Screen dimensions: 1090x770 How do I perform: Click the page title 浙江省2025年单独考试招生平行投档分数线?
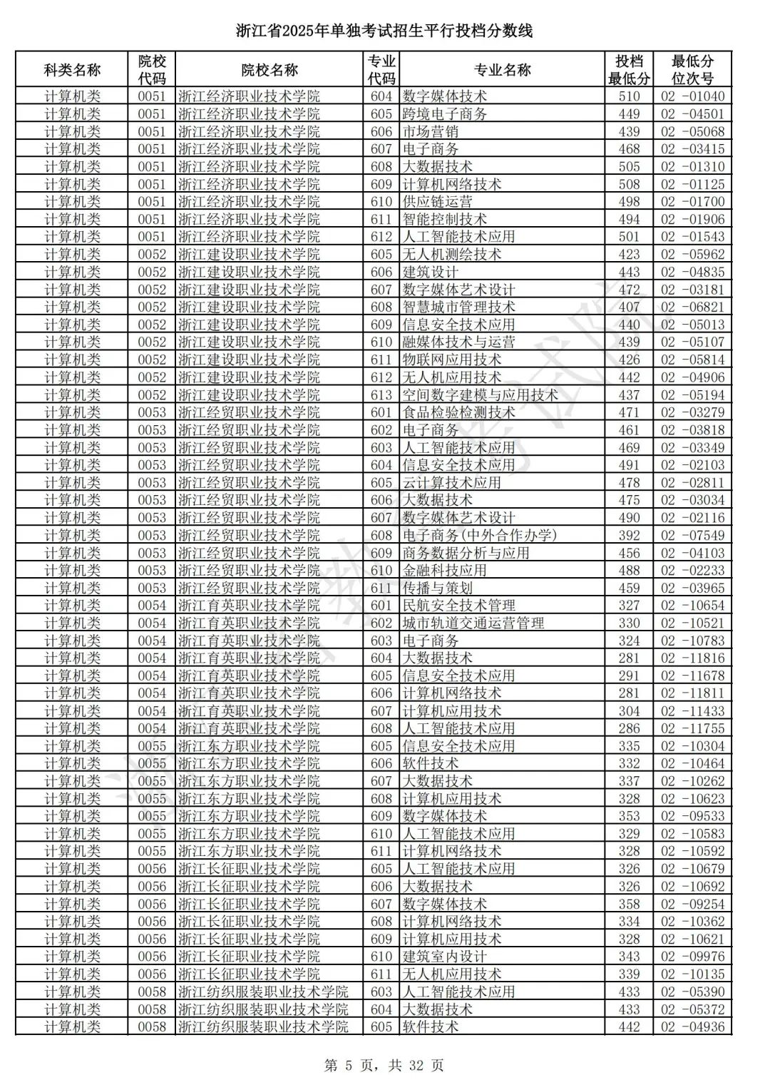[x=384, y=31]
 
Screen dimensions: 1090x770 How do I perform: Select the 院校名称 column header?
[x=269, y=70]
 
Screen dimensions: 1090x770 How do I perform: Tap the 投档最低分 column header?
[x=629, y=70]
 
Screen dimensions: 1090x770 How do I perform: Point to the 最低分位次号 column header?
[x=692, y=70]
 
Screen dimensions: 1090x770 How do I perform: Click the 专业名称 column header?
[x=502, y=70]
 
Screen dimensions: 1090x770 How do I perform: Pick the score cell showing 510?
[x=629, y=96]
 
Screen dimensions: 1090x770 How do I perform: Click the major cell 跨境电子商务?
[x=445, y=114]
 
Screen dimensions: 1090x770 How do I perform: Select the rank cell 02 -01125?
[x=692, y=184]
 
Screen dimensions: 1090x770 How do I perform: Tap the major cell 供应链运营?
[x=437, y=202]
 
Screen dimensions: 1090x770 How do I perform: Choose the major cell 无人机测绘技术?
[x=452, y=255]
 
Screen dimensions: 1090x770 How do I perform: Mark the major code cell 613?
[x=381, y=395]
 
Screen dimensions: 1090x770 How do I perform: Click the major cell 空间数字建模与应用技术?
[x=480, y=395]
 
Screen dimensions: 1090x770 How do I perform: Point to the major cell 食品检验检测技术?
[x=458, y=412]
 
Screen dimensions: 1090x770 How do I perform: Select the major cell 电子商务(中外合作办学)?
[x=479, y=535]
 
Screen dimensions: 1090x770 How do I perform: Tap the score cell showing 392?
[x=629, y=535]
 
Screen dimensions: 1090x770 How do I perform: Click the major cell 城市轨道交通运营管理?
[x=473, y=623]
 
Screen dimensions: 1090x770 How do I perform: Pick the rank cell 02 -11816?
[x=692, y=658]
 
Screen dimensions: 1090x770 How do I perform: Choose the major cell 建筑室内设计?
[x=445, y=957]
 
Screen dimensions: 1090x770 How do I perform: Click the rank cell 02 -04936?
[x=692, y=1027]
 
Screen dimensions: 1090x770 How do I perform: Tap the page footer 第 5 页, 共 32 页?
[x=384, y=1065]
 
